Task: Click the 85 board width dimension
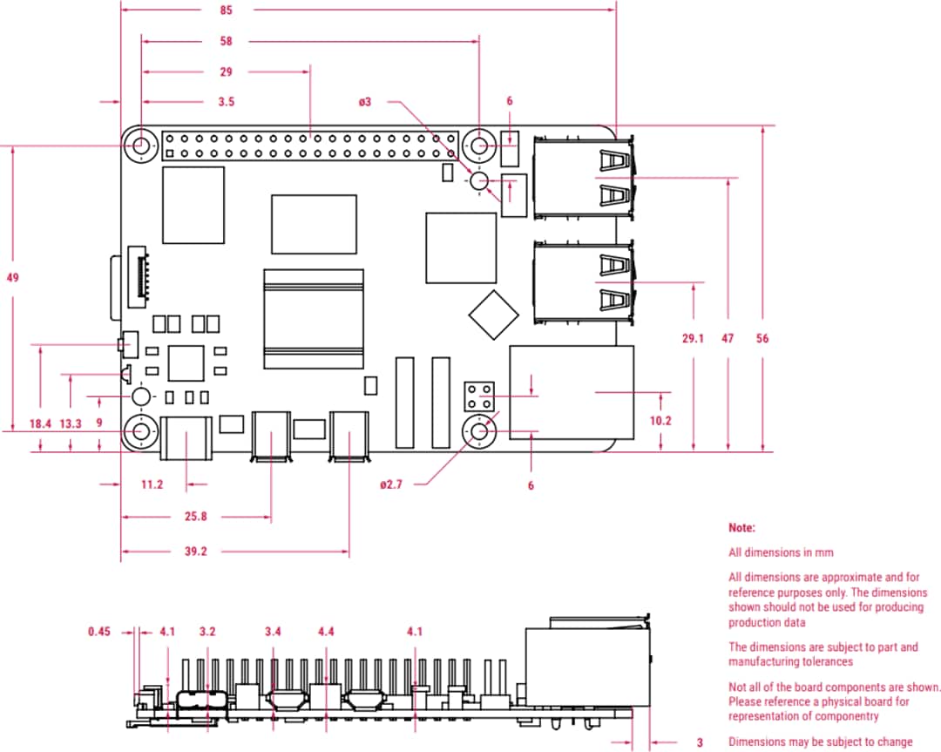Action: pos(227,10)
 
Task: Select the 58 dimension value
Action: pos(227,41)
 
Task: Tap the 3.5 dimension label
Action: pos(227,102)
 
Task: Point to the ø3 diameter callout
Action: pos(364,102)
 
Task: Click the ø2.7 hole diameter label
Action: pos(392,484)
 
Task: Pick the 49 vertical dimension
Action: pos(12,278)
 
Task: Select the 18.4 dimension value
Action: pos(40,423)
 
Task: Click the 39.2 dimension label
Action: pos(195,552)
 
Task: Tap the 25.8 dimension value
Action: pos(195,517)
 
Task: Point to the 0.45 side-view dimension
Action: pos(101,631)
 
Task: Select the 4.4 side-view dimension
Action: pos(326,631)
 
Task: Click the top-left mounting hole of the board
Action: pos(140,146)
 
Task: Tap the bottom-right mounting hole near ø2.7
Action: pos(478,431)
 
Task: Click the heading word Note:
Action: pos(741,528)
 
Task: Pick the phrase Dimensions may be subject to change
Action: pos(821,742)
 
